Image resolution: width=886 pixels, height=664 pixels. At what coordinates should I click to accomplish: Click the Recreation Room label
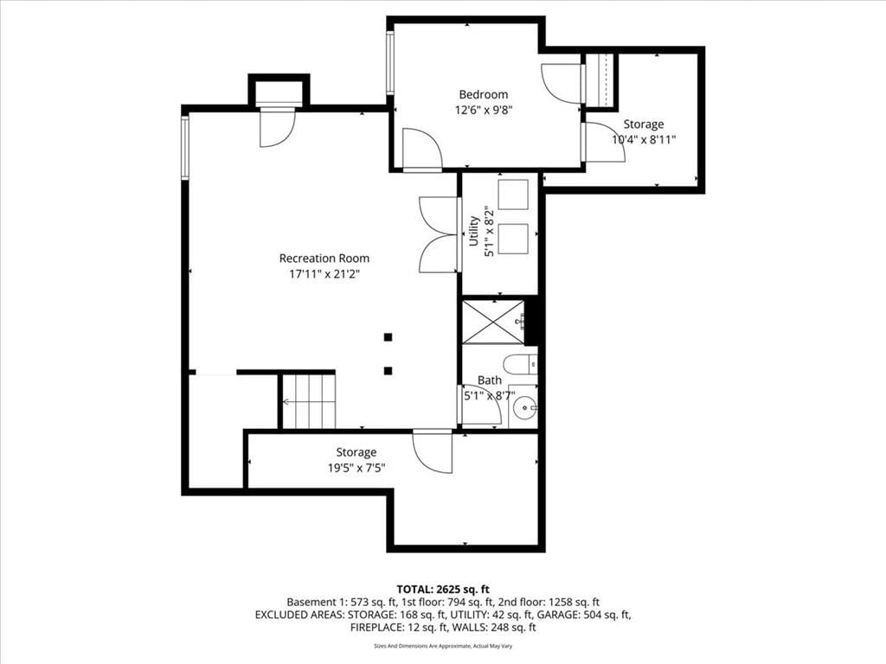[x=324, y=258]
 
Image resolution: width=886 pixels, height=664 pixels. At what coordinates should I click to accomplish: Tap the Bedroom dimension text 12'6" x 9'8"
[x=483, y=110]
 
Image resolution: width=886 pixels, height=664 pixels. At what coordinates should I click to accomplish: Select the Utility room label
[x=473, y=231]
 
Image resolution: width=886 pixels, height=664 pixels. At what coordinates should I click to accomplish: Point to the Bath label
[x=490, y=380]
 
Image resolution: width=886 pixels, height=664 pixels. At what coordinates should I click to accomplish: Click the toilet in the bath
[x=520, y=364]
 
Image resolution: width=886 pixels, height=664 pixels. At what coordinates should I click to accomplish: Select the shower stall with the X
[x=493, y=322]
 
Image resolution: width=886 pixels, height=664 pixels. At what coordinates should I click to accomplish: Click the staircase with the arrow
[x=309, y=401]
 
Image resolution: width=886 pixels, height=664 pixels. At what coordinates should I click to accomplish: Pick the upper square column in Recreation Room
[x=388, y=338]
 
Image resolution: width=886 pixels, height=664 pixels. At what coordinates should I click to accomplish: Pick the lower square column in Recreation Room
[x=388, y=371]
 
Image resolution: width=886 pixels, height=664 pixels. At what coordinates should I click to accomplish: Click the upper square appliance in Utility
[x=513, y=195]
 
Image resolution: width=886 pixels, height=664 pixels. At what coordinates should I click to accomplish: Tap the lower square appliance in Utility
[x=513, y=239]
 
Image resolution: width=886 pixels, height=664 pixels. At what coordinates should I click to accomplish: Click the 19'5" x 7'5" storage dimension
[x=356, y=468]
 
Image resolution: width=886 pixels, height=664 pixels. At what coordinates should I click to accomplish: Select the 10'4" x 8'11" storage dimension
[x=644, y=139]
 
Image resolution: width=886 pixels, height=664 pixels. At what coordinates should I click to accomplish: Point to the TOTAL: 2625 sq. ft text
[x=443, y=590]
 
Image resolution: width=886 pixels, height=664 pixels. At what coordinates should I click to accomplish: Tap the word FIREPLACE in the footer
[x=376, y=628]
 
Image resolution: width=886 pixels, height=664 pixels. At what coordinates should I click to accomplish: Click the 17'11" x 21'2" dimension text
[x=324, y=274]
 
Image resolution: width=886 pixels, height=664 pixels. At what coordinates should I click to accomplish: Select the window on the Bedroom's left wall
[x=390, y=62]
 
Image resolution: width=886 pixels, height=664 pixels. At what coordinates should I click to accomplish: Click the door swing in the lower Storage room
[x=433, y=451]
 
